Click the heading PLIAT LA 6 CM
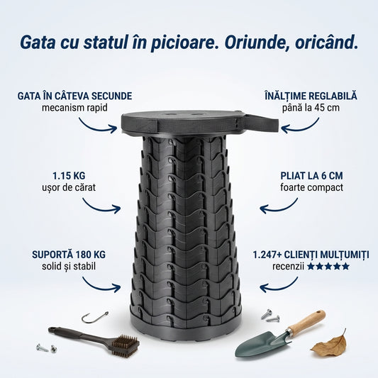[x=311, y=174]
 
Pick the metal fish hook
[x=94, y=317]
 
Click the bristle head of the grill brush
[x=126, y=345]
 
